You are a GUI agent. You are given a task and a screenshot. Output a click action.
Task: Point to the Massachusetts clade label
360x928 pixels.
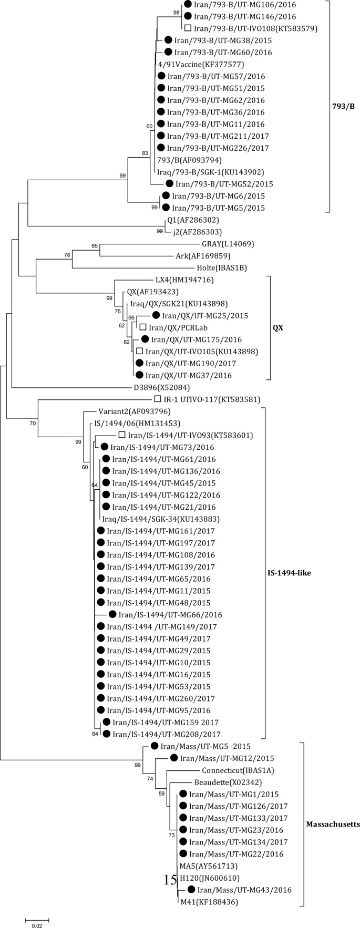pyautogui.click(x=333, y=824)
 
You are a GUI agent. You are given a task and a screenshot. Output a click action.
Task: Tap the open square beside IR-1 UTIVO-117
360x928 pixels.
pyautogui.click(x=158, y=399)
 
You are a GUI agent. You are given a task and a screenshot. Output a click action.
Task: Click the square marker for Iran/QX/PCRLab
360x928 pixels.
pyautogui.click(x=142, y=327)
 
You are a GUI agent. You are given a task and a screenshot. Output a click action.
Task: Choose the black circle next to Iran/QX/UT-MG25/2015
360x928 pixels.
pyautogui.click(x=156, y=315)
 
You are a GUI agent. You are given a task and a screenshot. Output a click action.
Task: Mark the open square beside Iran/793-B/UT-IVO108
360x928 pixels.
pyautogui.click(x=188, y=28)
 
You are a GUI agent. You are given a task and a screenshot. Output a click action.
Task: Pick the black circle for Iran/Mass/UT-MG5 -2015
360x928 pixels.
pyautogui.click(x=155, y=746)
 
